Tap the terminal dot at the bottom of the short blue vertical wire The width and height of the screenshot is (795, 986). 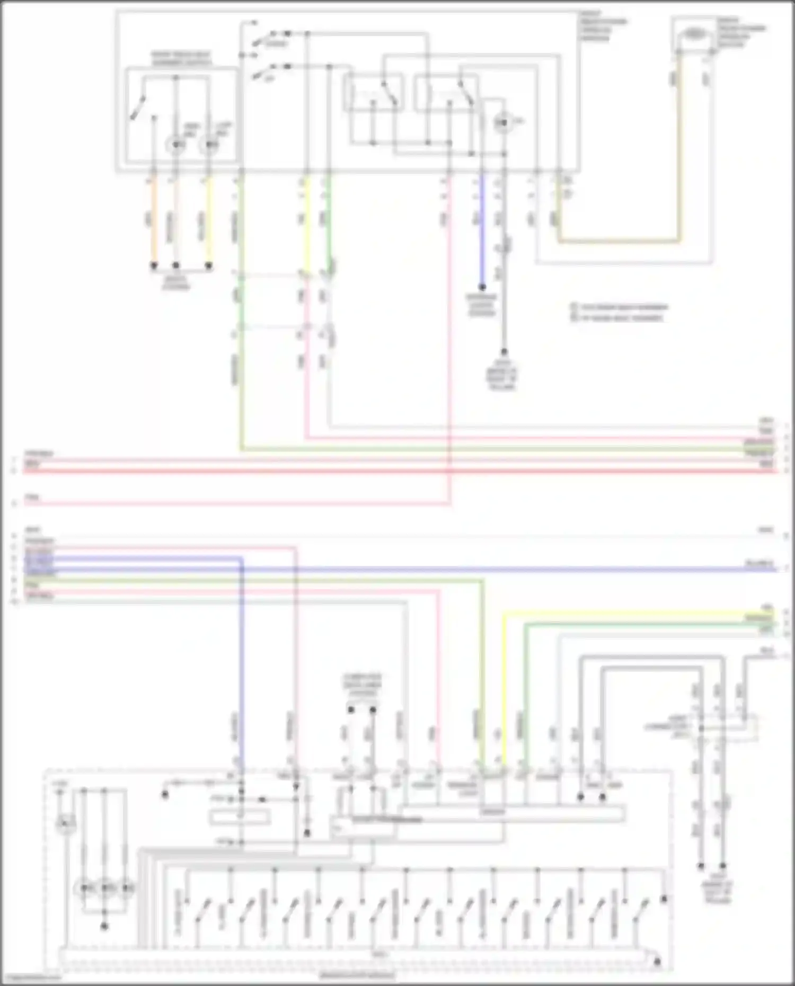pos(482,287)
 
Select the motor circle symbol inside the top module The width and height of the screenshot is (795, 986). pos(502,123)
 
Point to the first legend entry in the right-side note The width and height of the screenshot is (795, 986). pos(620,307)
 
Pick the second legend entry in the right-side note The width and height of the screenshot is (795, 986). pos(617,318)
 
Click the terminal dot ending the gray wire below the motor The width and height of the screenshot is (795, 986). pos(504,352)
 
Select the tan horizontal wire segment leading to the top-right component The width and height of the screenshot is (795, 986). pos(617,241)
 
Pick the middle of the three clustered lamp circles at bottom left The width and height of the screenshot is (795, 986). pos(105,887)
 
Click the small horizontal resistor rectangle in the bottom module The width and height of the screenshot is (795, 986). pos(240,818)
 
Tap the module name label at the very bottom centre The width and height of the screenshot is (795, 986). pos(358,975)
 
